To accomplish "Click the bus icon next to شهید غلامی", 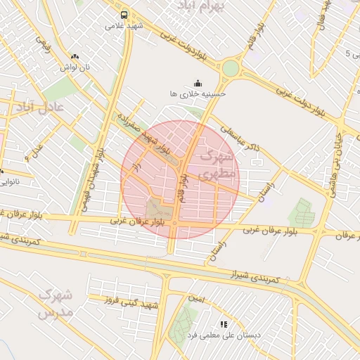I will [124, 14].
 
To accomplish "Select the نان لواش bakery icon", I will [75, 56].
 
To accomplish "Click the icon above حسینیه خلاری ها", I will [198, 82].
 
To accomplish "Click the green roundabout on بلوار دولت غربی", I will [231, 68].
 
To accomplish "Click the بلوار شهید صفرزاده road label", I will [146, 134].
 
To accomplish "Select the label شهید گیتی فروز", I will [130, 302].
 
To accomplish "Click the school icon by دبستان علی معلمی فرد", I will [224, 324].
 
